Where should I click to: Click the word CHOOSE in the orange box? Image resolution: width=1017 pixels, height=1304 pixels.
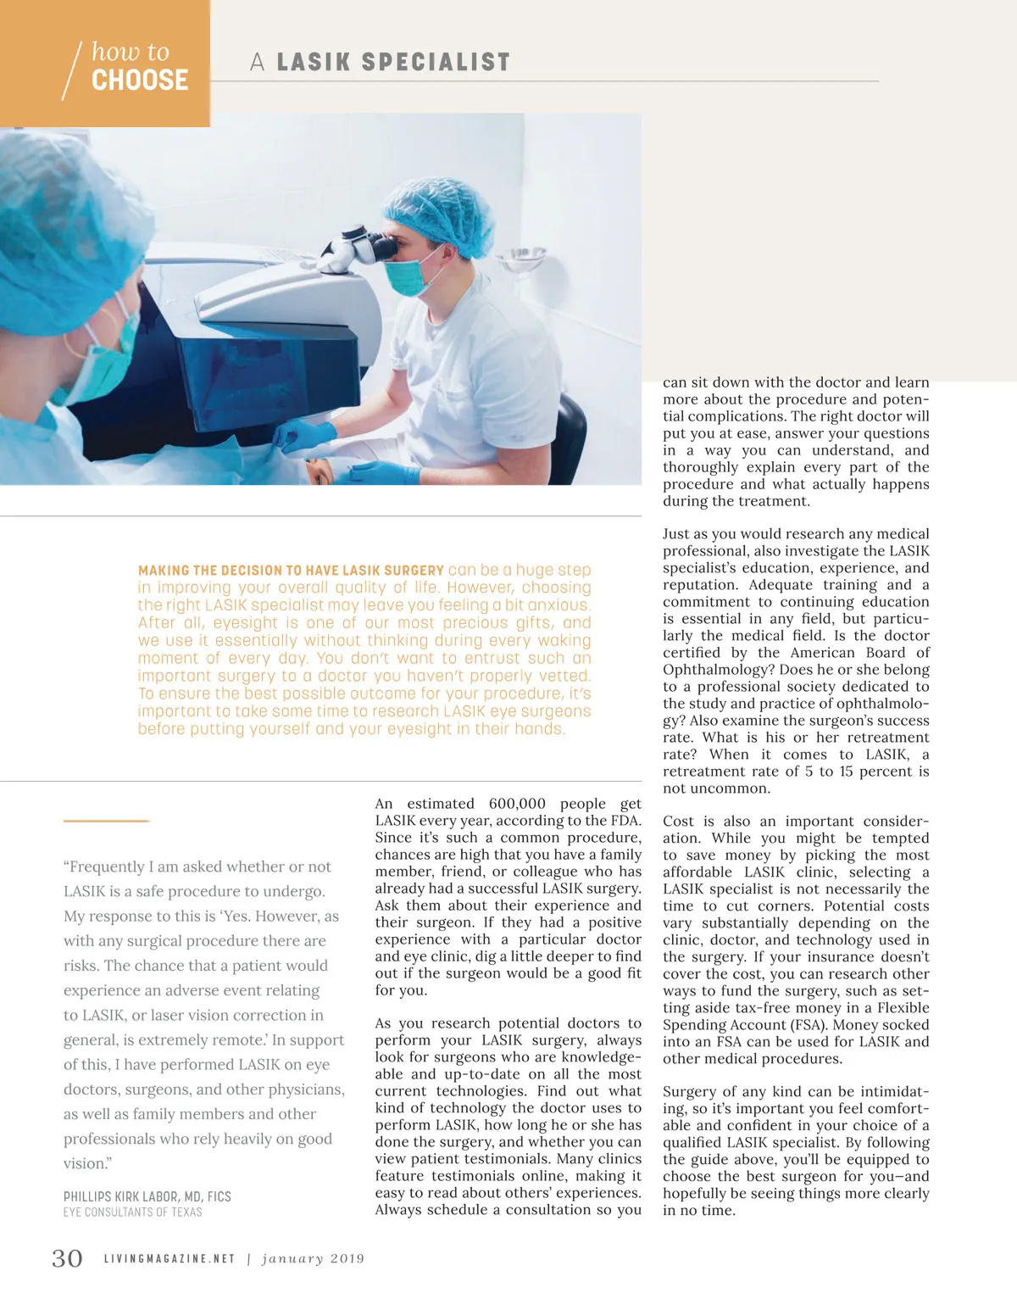pyautogui.click(x=140, y=81)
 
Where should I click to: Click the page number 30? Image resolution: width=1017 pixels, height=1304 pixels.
pyautogui.click(x=67, y=1258)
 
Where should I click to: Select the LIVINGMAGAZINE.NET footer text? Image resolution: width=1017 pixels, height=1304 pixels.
pyautogui.click(x=169, y=1259)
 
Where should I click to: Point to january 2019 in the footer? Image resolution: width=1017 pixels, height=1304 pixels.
pyautogui.click(x=313, y=1259)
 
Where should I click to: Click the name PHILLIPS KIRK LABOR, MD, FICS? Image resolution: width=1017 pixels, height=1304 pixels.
pyautogui.click(x=147, y=1196)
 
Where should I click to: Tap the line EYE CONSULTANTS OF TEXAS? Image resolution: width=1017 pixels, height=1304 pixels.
pyautogui.click(x=133, y=1212)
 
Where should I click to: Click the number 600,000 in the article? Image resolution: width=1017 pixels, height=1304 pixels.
pyautogui.click(x=517, y=804)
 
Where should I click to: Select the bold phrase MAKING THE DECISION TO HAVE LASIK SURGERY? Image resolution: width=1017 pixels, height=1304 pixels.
pyautogui.click(x=291, y=571)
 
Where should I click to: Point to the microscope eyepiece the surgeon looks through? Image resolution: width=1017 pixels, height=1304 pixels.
pyautogui.click(x=381, y=248)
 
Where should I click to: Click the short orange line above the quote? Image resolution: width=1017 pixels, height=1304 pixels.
pyautogui.click(x=106, y=821)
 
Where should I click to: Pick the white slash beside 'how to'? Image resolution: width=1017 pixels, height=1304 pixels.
pyautogui.click(x=72, y=70)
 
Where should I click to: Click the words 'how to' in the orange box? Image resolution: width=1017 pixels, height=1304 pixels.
pyautogui.click(x=131, y=52)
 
